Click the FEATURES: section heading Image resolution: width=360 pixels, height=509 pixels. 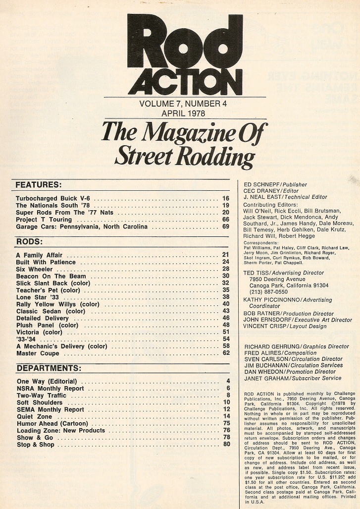coord(39,185)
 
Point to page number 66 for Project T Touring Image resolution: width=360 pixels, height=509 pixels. coord(225,219)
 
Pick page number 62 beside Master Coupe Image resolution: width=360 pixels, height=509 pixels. coord(225,353)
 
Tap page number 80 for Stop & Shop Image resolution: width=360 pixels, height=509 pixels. coord(226,445)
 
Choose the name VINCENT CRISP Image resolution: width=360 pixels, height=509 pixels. coord(265,327)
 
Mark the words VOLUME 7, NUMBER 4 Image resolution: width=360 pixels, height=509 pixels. coord(180,104)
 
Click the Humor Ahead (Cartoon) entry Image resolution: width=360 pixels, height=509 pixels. coord(53,424)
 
